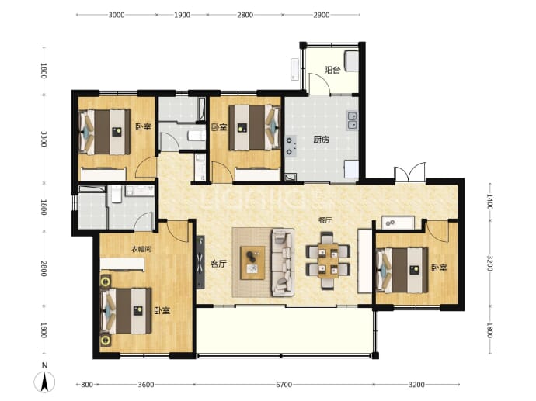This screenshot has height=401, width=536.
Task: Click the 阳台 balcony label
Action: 332,71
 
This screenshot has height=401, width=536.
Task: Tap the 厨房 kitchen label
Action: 322,140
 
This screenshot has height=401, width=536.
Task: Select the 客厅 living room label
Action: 218,264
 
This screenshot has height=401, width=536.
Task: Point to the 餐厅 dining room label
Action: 325,220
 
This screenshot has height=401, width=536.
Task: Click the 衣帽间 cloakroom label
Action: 141,250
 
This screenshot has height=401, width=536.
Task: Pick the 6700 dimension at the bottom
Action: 284,385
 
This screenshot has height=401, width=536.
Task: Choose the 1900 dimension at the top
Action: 182,15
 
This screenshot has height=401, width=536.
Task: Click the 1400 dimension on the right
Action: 489,202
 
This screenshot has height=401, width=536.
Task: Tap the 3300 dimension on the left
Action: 44,139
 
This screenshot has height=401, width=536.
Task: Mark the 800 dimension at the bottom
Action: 87,385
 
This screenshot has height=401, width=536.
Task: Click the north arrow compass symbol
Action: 44,381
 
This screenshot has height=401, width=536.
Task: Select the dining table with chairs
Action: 328,261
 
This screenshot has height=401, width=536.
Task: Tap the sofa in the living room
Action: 283,262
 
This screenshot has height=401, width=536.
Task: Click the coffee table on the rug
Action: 253,263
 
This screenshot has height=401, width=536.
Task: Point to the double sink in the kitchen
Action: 352,120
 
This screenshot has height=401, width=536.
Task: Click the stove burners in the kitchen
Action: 290,146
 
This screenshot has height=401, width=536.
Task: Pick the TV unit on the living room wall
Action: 200,261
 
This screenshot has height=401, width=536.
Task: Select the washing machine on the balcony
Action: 351,60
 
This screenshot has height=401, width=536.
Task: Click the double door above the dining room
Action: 410,173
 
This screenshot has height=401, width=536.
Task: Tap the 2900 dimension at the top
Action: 322,15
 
